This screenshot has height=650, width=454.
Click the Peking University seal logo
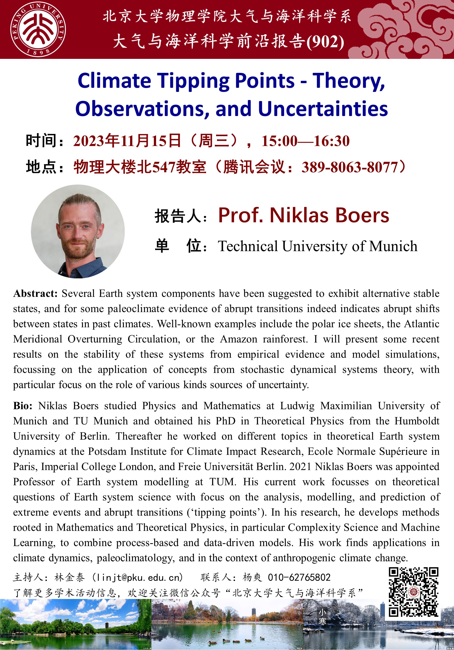[38, 29]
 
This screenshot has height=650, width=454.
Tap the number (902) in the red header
[325, 42]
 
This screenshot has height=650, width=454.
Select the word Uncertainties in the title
[323, 109]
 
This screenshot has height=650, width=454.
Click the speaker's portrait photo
[78, 231]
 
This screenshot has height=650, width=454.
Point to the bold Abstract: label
[35, 294]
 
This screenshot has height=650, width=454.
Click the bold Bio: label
[23, 406]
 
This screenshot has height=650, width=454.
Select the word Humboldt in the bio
[417, 421]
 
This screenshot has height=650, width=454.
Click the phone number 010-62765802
[299, 577]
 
